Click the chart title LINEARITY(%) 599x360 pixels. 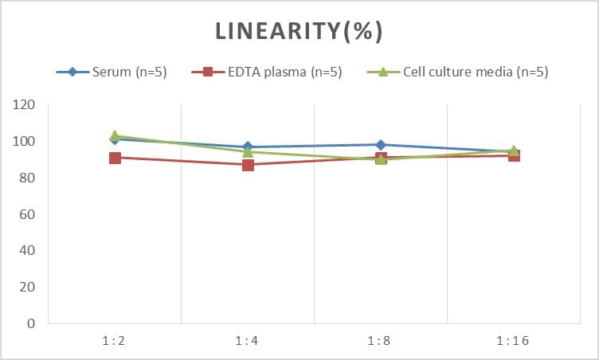299,32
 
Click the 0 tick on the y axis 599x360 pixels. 31,323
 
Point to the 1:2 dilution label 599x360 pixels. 114,341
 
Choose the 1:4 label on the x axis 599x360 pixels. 247,341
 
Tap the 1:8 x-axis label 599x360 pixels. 380,341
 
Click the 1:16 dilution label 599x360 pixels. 513,341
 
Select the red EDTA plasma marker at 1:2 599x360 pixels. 115,158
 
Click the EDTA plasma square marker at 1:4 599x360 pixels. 248,165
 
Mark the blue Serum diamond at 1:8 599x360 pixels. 381,145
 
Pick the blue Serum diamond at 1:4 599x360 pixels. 248,147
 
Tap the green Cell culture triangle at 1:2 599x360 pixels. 115,136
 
